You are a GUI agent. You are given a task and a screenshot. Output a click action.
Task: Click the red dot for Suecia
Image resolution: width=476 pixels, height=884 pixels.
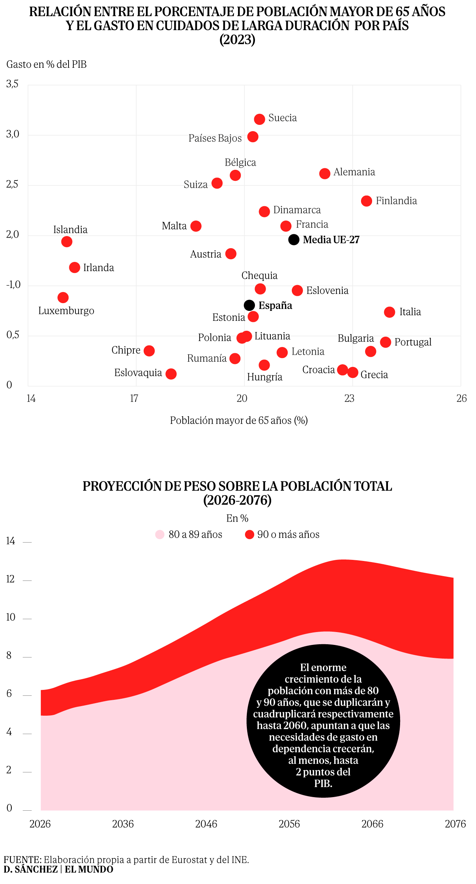pos(259,119)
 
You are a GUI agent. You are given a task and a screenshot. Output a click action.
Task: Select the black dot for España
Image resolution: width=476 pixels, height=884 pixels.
pos(249,305)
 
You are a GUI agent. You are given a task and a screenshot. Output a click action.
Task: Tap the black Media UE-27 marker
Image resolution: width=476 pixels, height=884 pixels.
pos(294,239)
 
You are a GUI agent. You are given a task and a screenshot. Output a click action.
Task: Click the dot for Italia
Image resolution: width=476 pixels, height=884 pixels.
pos(389,312)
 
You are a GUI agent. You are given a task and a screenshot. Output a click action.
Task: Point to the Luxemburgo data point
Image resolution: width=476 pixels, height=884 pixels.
pos(63,297)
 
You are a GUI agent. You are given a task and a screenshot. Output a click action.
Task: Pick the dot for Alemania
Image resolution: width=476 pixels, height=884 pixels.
pos(325,173)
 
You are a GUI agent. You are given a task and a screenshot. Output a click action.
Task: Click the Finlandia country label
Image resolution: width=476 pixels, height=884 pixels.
pos(396,201)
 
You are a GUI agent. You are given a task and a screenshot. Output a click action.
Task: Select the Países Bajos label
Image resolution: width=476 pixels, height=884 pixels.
pos(215,138)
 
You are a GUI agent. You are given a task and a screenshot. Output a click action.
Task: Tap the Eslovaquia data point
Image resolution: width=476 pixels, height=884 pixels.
pos(171,374)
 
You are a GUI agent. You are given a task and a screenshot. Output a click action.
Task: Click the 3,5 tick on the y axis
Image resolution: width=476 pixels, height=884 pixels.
pos(12,84)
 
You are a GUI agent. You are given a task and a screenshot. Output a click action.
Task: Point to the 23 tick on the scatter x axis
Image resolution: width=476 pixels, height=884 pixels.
pos(349,398)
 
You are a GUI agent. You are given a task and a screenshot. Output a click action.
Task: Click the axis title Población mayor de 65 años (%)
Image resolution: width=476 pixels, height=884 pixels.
pos(239,420)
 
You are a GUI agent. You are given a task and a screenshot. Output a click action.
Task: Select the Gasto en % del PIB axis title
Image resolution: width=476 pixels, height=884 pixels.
pos(46,64)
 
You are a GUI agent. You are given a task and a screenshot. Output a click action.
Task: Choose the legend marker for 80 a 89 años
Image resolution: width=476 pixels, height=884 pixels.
pos(160,534)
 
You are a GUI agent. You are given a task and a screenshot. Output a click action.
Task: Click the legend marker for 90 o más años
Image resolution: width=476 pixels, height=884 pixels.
pos(249,534)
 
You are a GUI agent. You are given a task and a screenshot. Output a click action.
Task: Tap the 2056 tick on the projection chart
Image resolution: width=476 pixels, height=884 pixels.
pos(289,824)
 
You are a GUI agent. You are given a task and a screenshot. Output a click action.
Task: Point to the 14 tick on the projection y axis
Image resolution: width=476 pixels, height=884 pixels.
pos(10,541)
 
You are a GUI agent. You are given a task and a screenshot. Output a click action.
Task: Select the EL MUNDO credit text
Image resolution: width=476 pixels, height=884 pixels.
pos(89,869)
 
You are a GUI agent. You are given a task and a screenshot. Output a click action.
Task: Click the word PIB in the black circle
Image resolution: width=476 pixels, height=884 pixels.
pos(323,783)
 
